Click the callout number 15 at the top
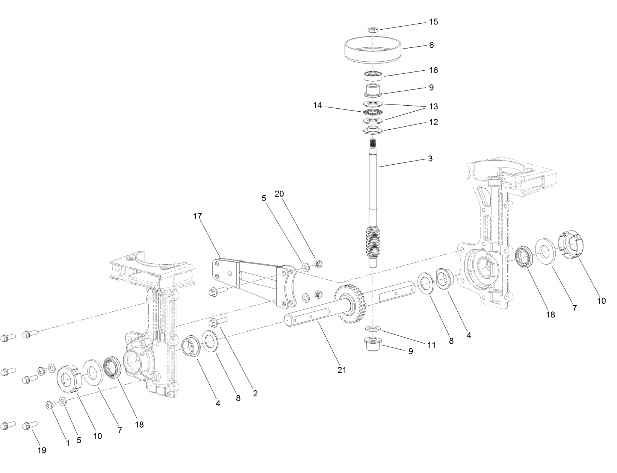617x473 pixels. pyautogui.click(x=433, y=22)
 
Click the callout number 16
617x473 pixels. pyautogui.click(x=433, y=70)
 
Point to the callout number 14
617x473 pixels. pyautogui.click(x=318, y=106)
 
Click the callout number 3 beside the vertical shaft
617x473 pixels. pyautogui.click(x=430, y=159)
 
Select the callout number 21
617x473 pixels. pyautogui.click(x=341, y=370)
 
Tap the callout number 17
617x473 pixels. pyautogui.click(x=198, y=216)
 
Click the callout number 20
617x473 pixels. pyautogui.click(x=279, y=194)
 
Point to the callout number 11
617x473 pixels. pyautogui.click(x=431, y=344)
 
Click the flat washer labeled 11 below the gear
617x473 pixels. pyautogui.click(x=373, y=329)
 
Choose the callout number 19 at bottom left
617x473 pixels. pyautogui.click(x=42, y=450)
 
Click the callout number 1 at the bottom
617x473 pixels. pyautogui.click(x=68, y=443)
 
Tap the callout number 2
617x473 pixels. pyautogui.click(x=255, y=394)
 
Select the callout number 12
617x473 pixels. pyautogui.click(x=433, y=123)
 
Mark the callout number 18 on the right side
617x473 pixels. pyautogui.click(x=550, y=315)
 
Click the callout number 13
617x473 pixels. pyautogui.click(x=433, y=107)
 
